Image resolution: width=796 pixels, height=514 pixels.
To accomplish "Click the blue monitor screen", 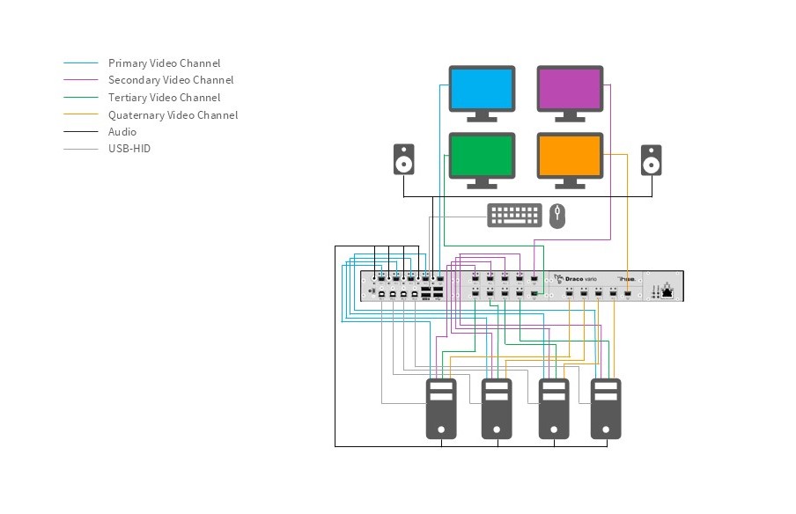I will click(x=482, y=88).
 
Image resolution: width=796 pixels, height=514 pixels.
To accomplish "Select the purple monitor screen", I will click(x=570, y=88).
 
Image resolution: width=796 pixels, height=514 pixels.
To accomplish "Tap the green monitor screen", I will click(x=482, y=157).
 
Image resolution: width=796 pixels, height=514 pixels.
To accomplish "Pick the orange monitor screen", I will click(x=570, y=157).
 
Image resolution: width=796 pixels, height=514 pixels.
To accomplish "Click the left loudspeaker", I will click(x=404, y=160).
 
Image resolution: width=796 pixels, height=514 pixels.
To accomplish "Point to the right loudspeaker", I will click(x=651, y=160).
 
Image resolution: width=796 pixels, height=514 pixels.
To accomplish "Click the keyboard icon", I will click(x=515, y=215).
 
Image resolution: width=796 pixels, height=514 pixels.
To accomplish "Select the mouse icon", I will click(x=556, y=216).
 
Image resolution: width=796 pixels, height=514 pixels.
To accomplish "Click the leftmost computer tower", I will click(x=441, y=408).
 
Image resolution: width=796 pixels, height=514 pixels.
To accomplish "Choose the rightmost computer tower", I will click(x=606, y=408).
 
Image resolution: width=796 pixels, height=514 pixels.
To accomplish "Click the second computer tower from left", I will click(x=497, y=408).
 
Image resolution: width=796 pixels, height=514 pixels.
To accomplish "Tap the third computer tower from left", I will click(x=552, y=408).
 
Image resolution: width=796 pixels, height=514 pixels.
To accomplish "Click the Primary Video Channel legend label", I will click(x=164, y=63).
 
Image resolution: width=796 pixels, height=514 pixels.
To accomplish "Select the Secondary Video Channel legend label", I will click(x=171, y=80).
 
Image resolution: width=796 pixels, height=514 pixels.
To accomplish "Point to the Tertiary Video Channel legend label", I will click(x=164, y=98).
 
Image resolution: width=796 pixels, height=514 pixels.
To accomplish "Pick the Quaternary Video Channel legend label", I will click(x=173, y=115).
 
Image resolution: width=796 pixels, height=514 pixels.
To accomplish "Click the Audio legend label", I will click(x=122, y=132).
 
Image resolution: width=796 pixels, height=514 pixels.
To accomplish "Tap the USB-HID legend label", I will click(x=129, y=149).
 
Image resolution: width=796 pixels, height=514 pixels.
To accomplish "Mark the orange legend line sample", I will click(x=81, y=115).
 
